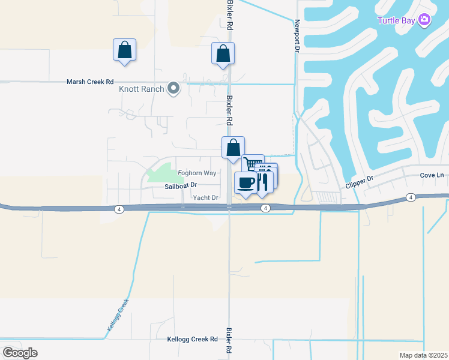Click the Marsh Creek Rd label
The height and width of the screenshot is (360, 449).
(90, 82)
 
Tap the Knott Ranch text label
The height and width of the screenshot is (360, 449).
(142, 89)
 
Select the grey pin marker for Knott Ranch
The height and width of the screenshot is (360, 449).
(173, 89)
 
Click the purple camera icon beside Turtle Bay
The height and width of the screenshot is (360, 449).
(424, 20)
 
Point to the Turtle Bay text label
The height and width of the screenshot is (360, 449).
(396, 20)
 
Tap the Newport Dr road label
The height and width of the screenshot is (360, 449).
(297, 37)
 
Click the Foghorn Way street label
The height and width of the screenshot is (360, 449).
(197, 173)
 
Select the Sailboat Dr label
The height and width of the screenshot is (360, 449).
(181, 186)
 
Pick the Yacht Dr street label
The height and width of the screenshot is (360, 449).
(205, 197)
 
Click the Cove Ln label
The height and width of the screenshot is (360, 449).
(432, 175)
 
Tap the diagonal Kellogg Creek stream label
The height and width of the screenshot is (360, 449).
(118, 316)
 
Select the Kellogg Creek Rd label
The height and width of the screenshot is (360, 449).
(191, 339)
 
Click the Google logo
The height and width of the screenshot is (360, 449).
(20, 353)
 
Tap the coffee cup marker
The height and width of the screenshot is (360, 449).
(244, 182)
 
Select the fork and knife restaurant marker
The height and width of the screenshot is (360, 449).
(262, 182)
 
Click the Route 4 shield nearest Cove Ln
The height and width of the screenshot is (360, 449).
(411, 197)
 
